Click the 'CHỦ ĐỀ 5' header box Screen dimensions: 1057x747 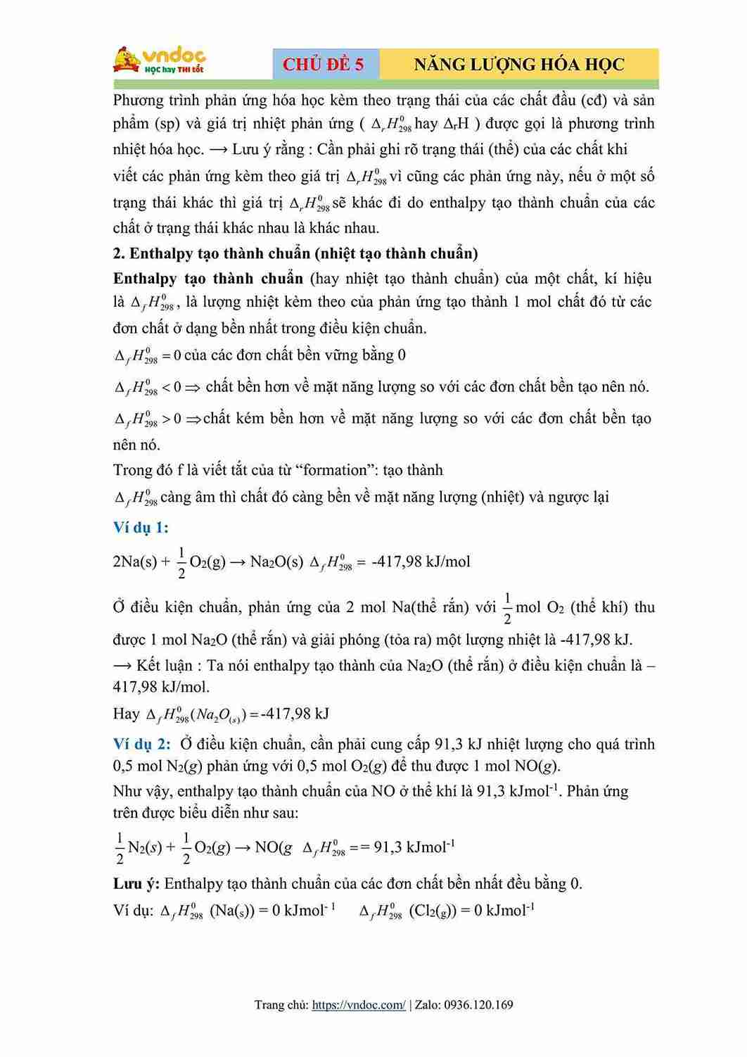pyautogui.click(x=324, y=64)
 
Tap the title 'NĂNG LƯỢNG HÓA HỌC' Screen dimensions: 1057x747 pyautogui.click(x=519, y=64)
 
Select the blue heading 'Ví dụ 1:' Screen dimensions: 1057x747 pyautogui.click(x=141, y=528)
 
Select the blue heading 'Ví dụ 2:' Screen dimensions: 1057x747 pyautogui.click(x=141, y=745)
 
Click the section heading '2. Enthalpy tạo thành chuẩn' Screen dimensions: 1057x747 pyautogui.click(x=295, y=253)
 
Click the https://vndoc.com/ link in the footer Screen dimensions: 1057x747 pyautogui.click(x=358, y=1005)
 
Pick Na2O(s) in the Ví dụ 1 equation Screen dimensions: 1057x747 pyautogui.click(x=276, y=562)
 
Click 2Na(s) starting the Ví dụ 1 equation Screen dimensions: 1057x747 pyautogui.click(x=135, y=562)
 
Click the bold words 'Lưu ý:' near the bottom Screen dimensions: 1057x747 pyautogui.click(x=136, y=884)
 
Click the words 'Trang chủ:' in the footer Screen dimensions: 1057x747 pyautogui.click(x=281, y=1005)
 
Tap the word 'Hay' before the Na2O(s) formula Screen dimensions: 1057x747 pyautogui.click(x=127, y=714)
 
